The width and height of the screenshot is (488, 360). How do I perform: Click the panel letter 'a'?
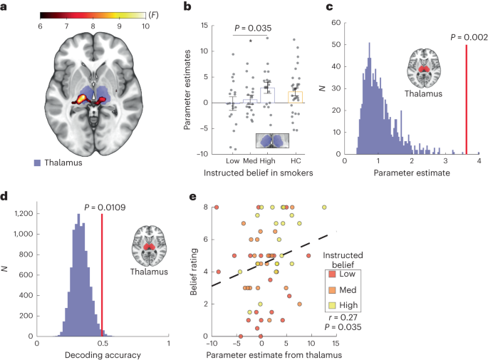point(6,7)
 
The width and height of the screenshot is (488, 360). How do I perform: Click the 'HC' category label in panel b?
point(296,160)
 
